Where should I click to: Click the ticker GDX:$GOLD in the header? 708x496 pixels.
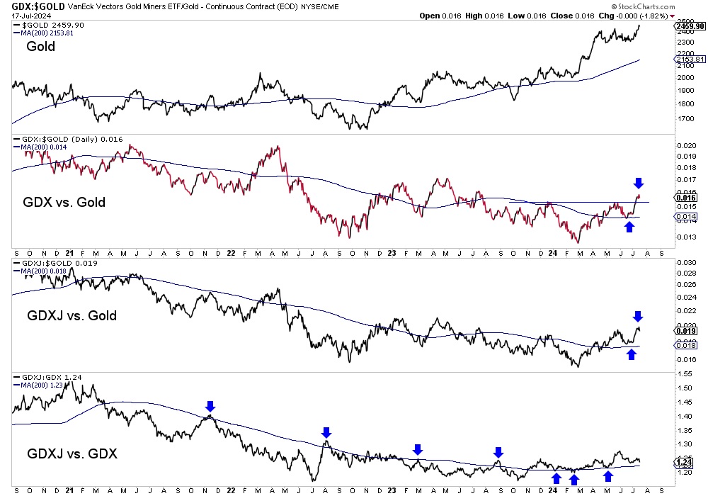pyautogui.click(x=35, y=6)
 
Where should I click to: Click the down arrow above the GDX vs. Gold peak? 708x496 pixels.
pyautogui.click(x=638, y=183)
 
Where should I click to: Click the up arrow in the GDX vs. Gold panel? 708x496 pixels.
pyautogui.click(x=629, y=226)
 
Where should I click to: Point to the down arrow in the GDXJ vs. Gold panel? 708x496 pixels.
pyautogui.click(x=638, y=316)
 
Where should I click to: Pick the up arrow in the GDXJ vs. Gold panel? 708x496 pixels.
pyautogui.click(x=632, y=354)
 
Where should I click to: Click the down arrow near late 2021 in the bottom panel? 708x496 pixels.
pyautogui.click(x=210, y=406)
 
